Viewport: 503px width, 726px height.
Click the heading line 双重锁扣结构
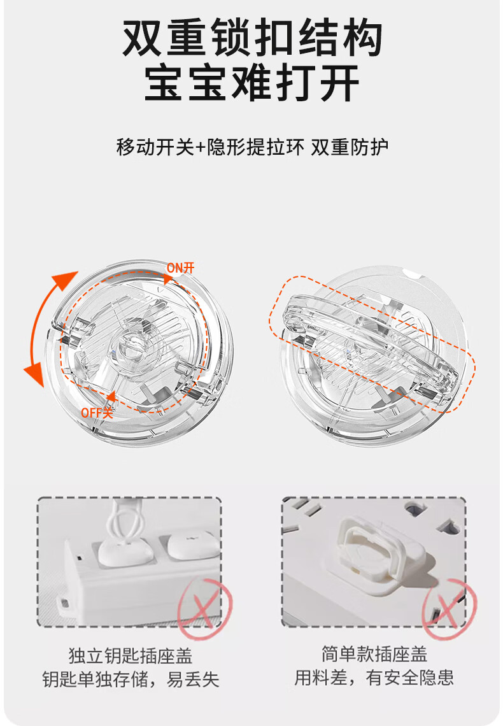coord(252,38)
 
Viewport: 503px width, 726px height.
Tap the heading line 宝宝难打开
coord(252,83)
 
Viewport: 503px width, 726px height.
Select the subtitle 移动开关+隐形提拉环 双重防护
coord(252,147)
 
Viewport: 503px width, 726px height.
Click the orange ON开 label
coord(181,267)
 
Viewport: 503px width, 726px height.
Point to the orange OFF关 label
coord(97,412)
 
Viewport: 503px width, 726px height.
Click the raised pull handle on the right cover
coord(370,345)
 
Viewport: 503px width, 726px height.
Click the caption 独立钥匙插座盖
coord(131,655)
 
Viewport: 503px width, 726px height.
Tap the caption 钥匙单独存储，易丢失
coord(131,680)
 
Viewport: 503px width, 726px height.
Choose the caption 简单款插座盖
coord(374,654)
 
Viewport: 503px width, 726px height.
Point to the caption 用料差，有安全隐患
coord(374,678)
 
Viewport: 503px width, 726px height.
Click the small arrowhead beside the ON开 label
coord(167,279)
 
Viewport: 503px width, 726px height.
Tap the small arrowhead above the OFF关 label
coord(111,396)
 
